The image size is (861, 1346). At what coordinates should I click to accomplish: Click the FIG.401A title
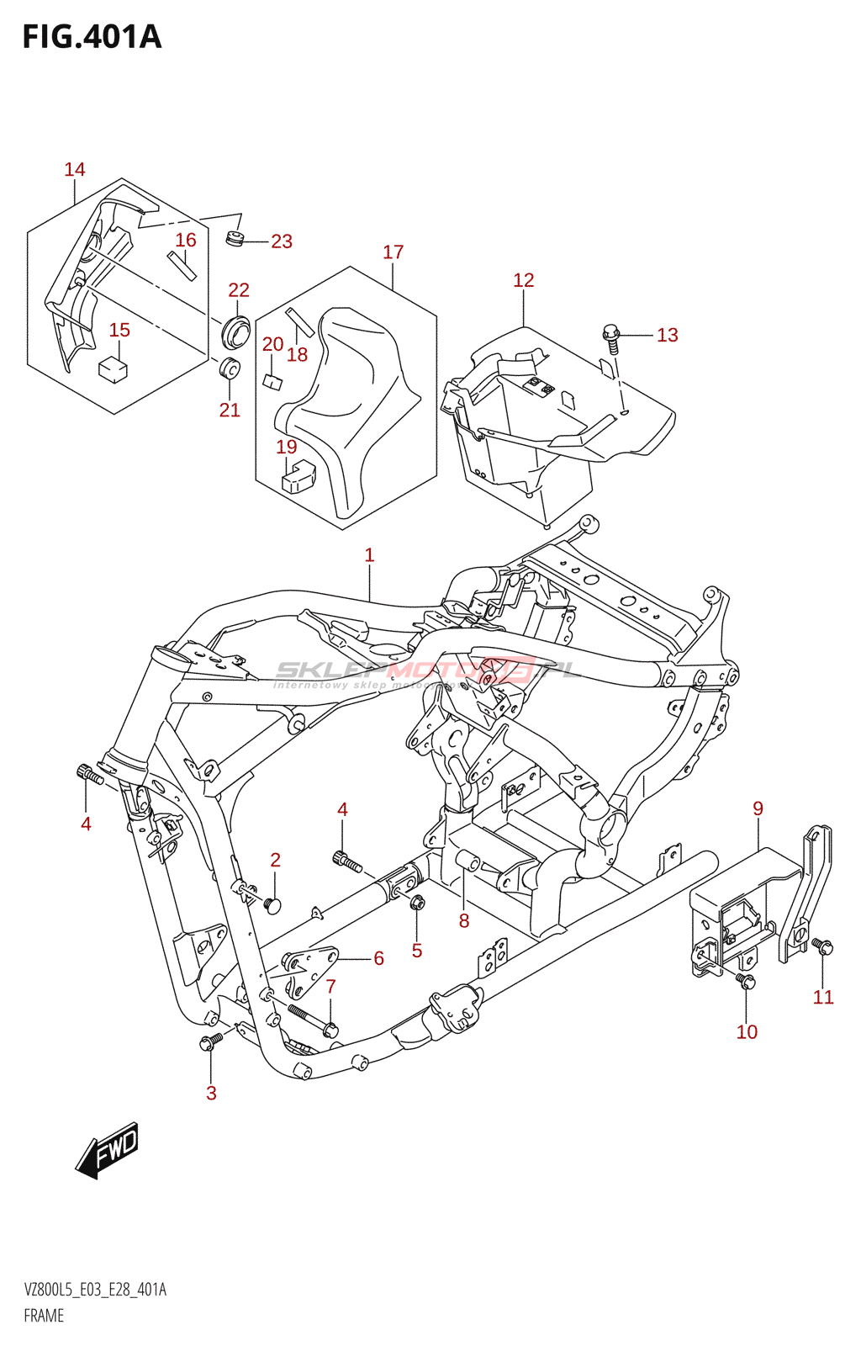pos(92,37)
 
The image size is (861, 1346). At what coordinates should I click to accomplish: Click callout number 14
pos(75,170)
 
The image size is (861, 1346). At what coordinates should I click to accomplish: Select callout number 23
pos(282,241)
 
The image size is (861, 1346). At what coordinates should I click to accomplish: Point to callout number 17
pos(393,252)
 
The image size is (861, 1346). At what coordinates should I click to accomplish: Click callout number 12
pos(523,280)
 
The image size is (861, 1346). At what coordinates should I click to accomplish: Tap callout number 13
pos(667,335)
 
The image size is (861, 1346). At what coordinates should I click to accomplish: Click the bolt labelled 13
pos(611,336)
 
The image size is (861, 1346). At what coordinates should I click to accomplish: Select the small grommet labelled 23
pos(235,239)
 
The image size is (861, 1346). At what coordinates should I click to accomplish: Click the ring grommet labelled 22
pos(236,330)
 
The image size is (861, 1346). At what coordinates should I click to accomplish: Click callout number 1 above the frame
pos(369,555)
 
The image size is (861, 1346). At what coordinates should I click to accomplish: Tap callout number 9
pos(758,808)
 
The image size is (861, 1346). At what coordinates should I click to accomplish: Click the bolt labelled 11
pos(822,947)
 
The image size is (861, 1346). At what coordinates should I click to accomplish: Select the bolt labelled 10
pos(745,980)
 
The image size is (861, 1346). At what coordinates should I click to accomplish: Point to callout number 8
pos(464,921)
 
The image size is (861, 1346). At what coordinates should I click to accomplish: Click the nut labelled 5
pos(417,903)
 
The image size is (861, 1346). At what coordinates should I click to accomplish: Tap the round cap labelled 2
pos(272,905)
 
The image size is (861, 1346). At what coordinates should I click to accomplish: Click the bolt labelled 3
pos(209,1043)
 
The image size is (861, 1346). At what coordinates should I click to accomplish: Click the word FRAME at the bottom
pos(44,1316)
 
